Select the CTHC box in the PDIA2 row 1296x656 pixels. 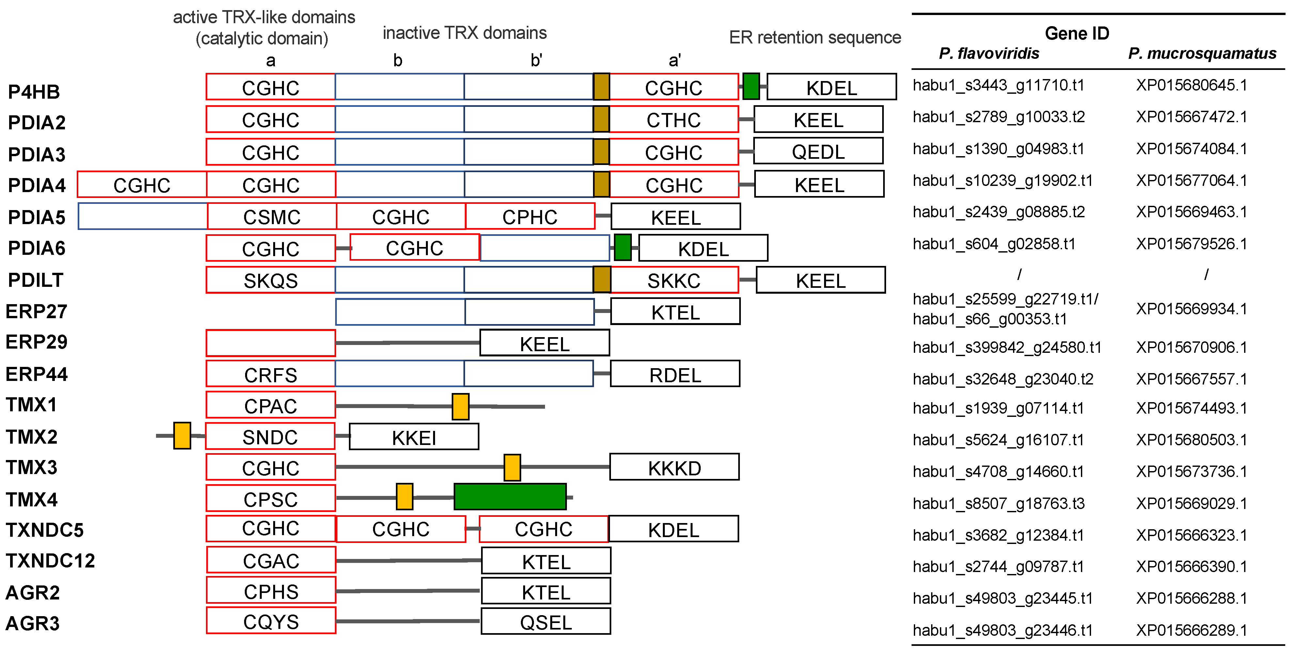[673, 120]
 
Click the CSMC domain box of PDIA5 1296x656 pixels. [272, 217]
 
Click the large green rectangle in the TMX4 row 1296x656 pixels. [510, 497]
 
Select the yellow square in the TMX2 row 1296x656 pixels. [182, 435]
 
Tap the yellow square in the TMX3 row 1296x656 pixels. [512, 467]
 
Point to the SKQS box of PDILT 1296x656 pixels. [271, 280]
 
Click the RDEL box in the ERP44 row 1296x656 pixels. [675, 374]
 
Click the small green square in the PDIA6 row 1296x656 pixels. [622, 247]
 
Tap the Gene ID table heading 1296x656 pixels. [1077, 33]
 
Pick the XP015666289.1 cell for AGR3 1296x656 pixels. [1191, 630]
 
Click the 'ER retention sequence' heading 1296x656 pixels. [815, 37]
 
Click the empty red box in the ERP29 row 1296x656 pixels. [271, 343]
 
